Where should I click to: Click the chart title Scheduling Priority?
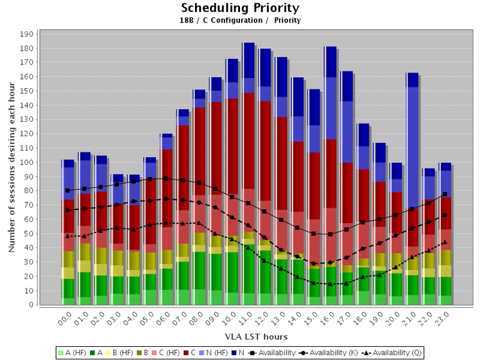240,8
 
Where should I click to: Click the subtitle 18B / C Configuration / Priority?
240,21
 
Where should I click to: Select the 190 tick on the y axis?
27,34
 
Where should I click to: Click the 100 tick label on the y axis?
27,162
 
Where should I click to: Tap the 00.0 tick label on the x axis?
64,320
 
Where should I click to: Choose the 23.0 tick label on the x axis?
441,320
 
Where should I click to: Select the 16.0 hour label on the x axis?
326,320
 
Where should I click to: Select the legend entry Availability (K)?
329,352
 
